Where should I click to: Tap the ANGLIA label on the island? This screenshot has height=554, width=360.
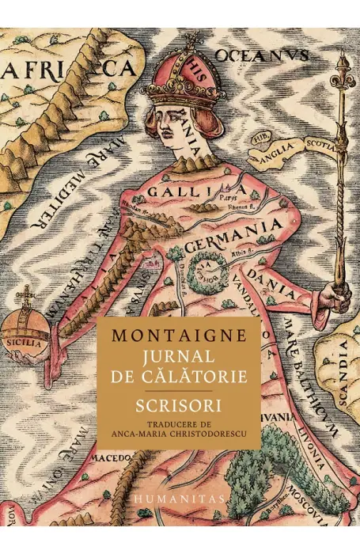(x=276, y=147)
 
